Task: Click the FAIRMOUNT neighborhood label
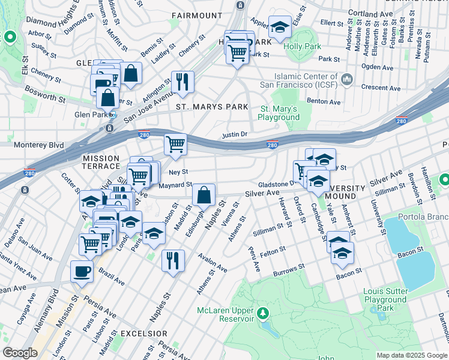197,14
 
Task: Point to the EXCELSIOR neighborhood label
143,333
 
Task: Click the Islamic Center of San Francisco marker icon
347,79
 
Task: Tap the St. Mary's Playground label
279,113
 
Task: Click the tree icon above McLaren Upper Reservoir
262,313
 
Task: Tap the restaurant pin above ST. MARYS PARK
182,82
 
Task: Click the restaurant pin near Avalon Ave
173,260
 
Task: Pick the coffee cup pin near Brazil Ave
82,271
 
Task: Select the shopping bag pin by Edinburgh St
204,194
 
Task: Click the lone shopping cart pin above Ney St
175,144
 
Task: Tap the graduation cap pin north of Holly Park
279,27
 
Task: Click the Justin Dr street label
235,135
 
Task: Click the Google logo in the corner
20,353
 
